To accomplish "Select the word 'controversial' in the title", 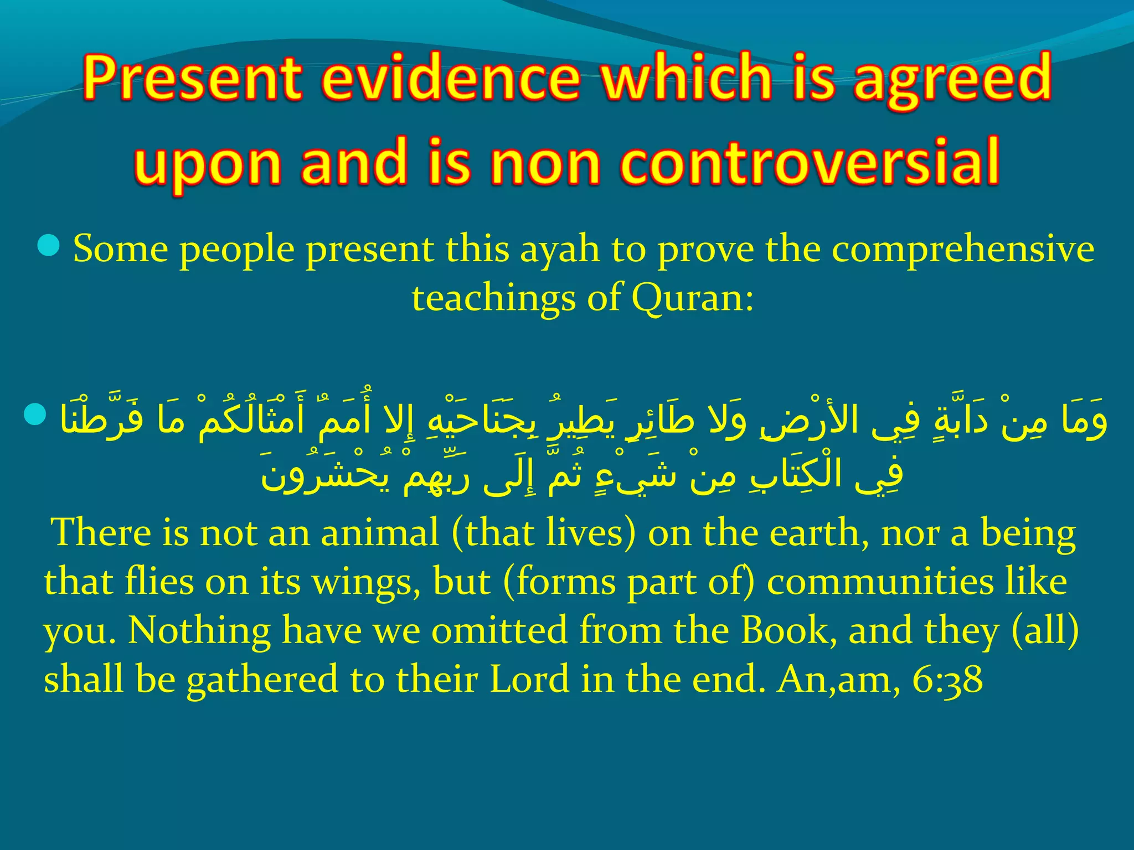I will coord(810,162).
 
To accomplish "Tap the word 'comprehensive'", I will coord(963,250).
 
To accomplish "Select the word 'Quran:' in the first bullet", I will coord(693,299).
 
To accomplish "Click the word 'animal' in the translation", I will coord(380,533).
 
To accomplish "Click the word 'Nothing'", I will coord(199,631).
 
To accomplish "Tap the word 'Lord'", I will coord(529,680).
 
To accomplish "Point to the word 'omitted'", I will coord(499,631).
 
